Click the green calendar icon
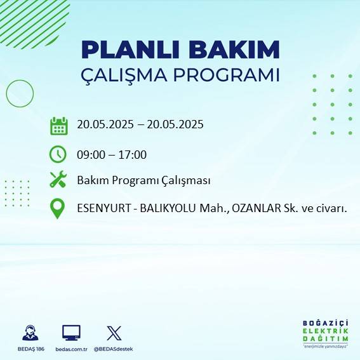tap(58, 125)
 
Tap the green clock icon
tap(58, 154)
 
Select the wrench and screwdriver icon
tap(58, 180)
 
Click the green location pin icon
tap(58, 209)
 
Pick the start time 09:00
tap(90, 154)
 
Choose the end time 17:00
tap(133, 154)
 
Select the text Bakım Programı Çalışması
tap(143, 180)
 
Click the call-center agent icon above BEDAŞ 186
tap(30, 333)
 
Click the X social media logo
tap(114, 333)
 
